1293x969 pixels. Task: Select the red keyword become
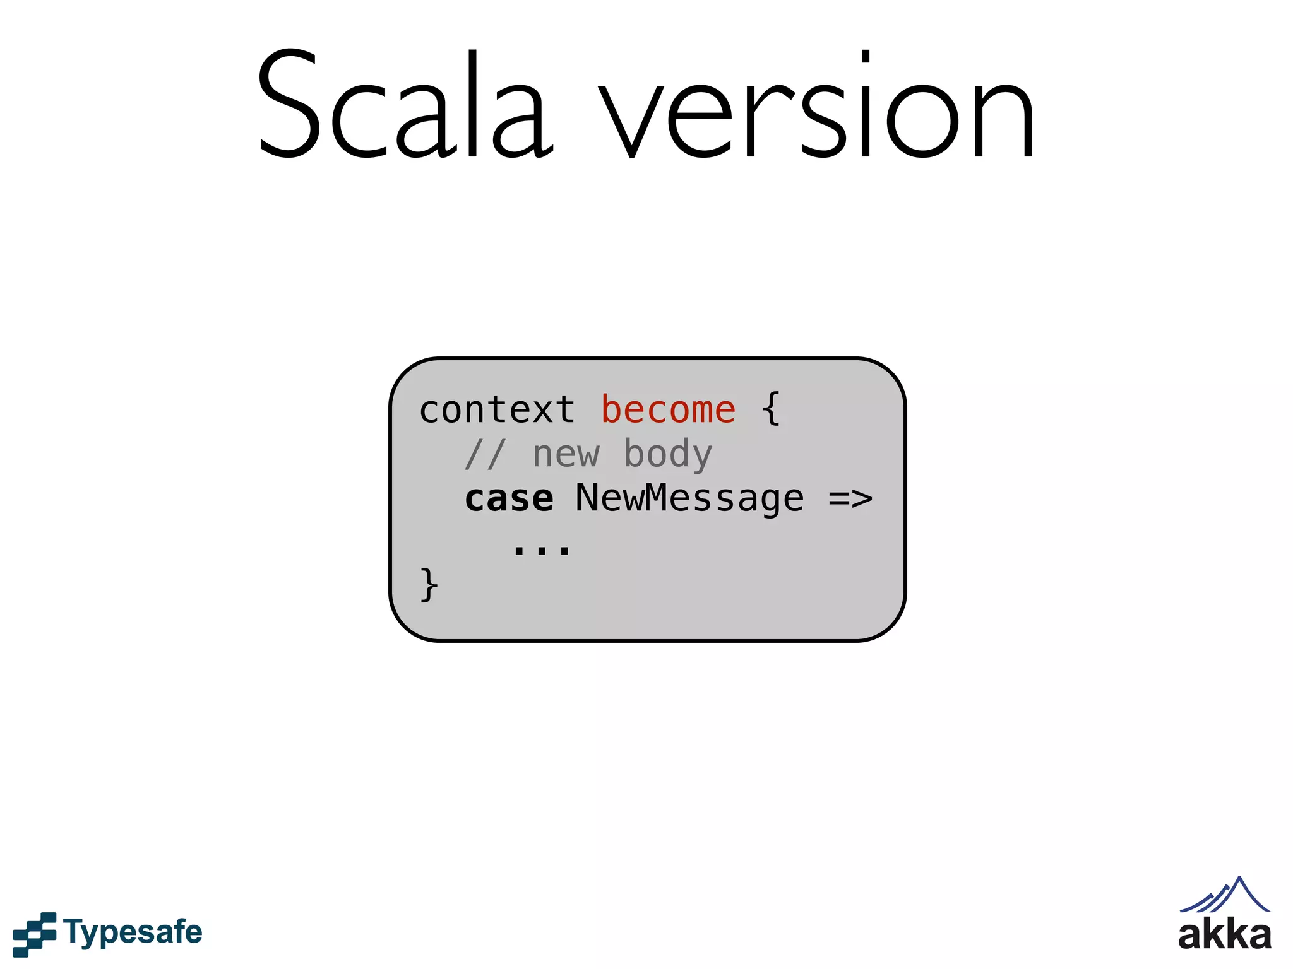click(x=668, y=410)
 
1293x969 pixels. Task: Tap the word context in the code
click(x=497, y=410)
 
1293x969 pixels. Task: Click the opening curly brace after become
click(x=771, y=409)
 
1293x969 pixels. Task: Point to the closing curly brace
click(x=429, y=585)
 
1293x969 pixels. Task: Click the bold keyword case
click(x=509, y=499)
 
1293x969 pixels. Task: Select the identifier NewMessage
click(x=689, y=499)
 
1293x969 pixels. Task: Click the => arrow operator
click(x=850, y=499)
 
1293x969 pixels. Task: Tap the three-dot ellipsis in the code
click(x=542, y=549)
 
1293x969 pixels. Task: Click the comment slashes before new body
click(x=485, y=454)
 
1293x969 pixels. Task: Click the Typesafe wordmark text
click(x=133, y=932)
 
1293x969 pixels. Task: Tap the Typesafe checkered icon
click(x=34, y=934)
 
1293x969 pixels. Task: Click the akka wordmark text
click(x=1224, y=935)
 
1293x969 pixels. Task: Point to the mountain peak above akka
click(x=1239, y=879)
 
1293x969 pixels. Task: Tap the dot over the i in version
click(x=866, y=57)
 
